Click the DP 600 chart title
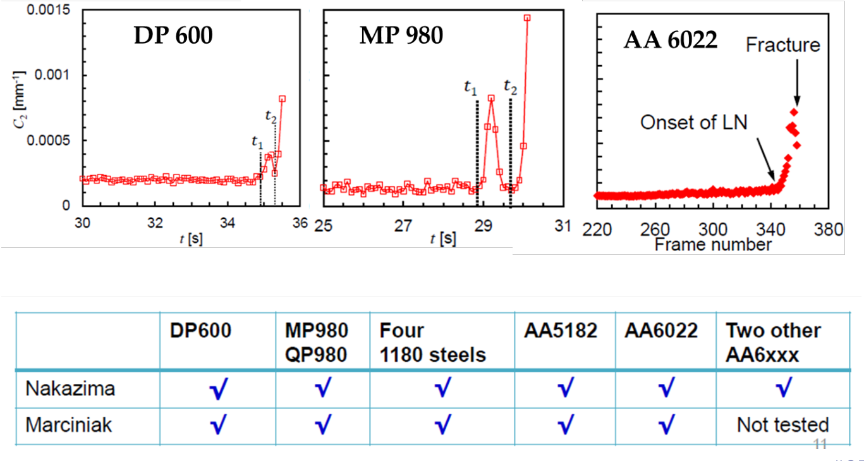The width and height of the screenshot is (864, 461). click(173, 36)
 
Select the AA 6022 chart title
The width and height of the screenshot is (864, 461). click(670, 40)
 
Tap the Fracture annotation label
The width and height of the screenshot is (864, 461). click(782, 45)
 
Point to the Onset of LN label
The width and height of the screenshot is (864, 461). click(693, 122)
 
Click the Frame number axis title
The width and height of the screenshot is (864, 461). click(713, 244)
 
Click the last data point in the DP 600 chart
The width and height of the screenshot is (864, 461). click(282, 99)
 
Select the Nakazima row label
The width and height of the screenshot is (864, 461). click(70, 388)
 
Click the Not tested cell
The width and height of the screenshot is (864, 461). click(782, 425)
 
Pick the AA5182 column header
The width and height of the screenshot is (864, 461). click(560, 331)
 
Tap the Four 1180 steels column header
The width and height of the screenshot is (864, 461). click(432, 342)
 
